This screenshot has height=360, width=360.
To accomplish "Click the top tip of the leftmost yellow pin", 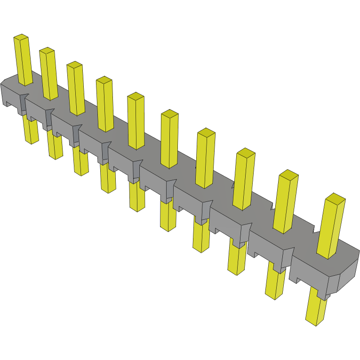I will [x=21, y=37].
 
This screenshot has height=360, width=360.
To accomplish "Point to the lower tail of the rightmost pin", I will [x=316, y=306].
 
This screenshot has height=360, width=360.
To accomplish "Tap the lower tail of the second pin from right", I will [x=275, y=282].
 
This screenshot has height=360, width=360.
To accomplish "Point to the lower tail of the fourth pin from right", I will [x=201, y=238].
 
